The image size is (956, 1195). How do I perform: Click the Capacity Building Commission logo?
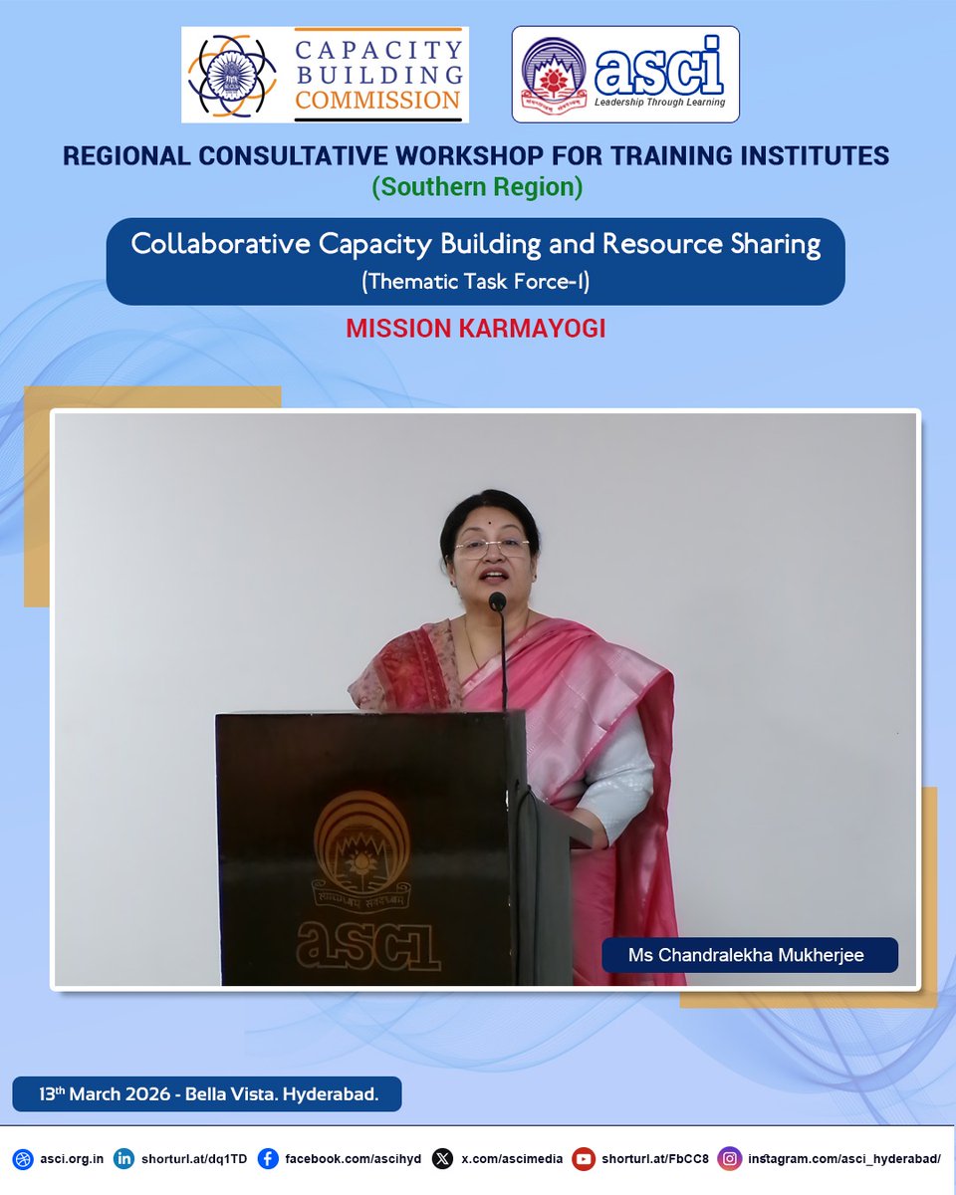point(325,75)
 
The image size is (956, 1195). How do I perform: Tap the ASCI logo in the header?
point(625,75)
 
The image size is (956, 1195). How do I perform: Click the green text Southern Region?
point(477,186)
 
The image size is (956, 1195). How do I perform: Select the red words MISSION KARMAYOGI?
point(476,330)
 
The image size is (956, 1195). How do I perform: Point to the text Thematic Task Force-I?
point(476,282)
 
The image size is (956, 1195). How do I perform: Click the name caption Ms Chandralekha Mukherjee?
point(746,955)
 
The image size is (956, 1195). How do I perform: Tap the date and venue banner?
point(206,1093)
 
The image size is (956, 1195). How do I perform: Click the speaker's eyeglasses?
point(492,548)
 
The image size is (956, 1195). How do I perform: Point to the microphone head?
point(497,601)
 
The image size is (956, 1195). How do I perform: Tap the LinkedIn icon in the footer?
point(124,1158)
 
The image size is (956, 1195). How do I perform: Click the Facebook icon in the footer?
point(268,1158)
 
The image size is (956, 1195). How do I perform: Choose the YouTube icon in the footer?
point(584,1158)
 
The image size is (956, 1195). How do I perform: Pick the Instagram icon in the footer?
point(731,1158)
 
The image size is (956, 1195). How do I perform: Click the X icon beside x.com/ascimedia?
point(443,1158)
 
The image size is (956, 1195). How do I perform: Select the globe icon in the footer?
point(23,1158)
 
